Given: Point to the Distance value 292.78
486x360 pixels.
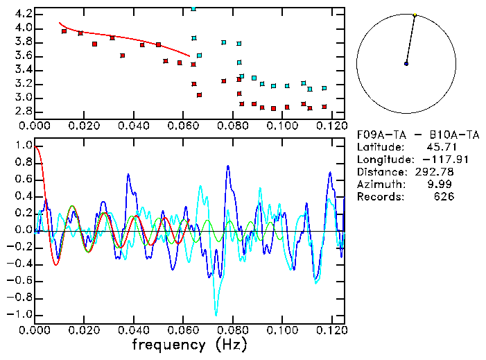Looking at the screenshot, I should pos(434,172).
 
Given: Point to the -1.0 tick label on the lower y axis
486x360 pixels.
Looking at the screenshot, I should pos(20,314).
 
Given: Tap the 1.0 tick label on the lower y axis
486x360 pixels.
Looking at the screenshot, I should pos(23,146).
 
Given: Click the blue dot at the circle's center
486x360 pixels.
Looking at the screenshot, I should pos(406,64).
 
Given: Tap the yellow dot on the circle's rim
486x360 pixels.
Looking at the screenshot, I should pos(415,15).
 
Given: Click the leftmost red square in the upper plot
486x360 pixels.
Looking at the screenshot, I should pos(64,31).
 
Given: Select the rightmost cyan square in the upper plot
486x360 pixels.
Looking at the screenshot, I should pos(324,88).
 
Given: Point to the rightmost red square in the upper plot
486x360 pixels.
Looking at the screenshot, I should pos(324,107).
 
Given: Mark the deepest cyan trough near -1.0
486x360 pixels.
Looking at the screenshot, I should pos(216,314).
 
